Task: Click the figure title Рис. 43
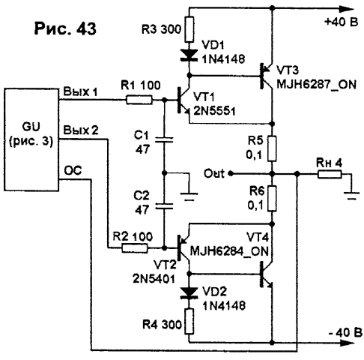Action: point(65,28)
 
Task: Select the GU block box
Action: point(31,139)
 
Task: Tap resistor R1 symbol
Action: point(139,100)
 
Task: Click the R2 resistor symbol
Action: point(135,248)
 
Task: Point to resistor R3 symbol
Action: point(189,29)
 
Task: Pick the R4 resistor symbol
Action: point(189,321)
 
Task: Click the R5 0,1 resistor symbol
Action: point(272,148)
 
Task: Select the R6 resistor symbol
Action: point(272,199)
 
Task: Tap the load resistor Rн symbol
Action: point(330,174)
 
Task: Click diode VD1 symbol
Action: point(189,55)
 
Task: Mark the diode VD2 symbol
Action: point(189,292)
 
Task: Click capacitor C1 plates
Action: point(164,139)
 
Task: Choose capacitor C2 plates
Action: point(164,206)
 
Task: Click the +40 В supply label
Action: point(342,22)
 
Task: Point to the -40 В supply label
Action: point(345,332)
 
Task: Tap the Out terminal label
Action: point(214,173)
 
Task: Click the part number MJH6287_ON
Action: point(316,85)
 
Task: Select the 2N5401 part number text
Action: point(154,279)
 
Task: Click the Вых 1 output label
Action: point(80,91)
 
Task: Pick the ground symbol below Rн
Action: point(351,195)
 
